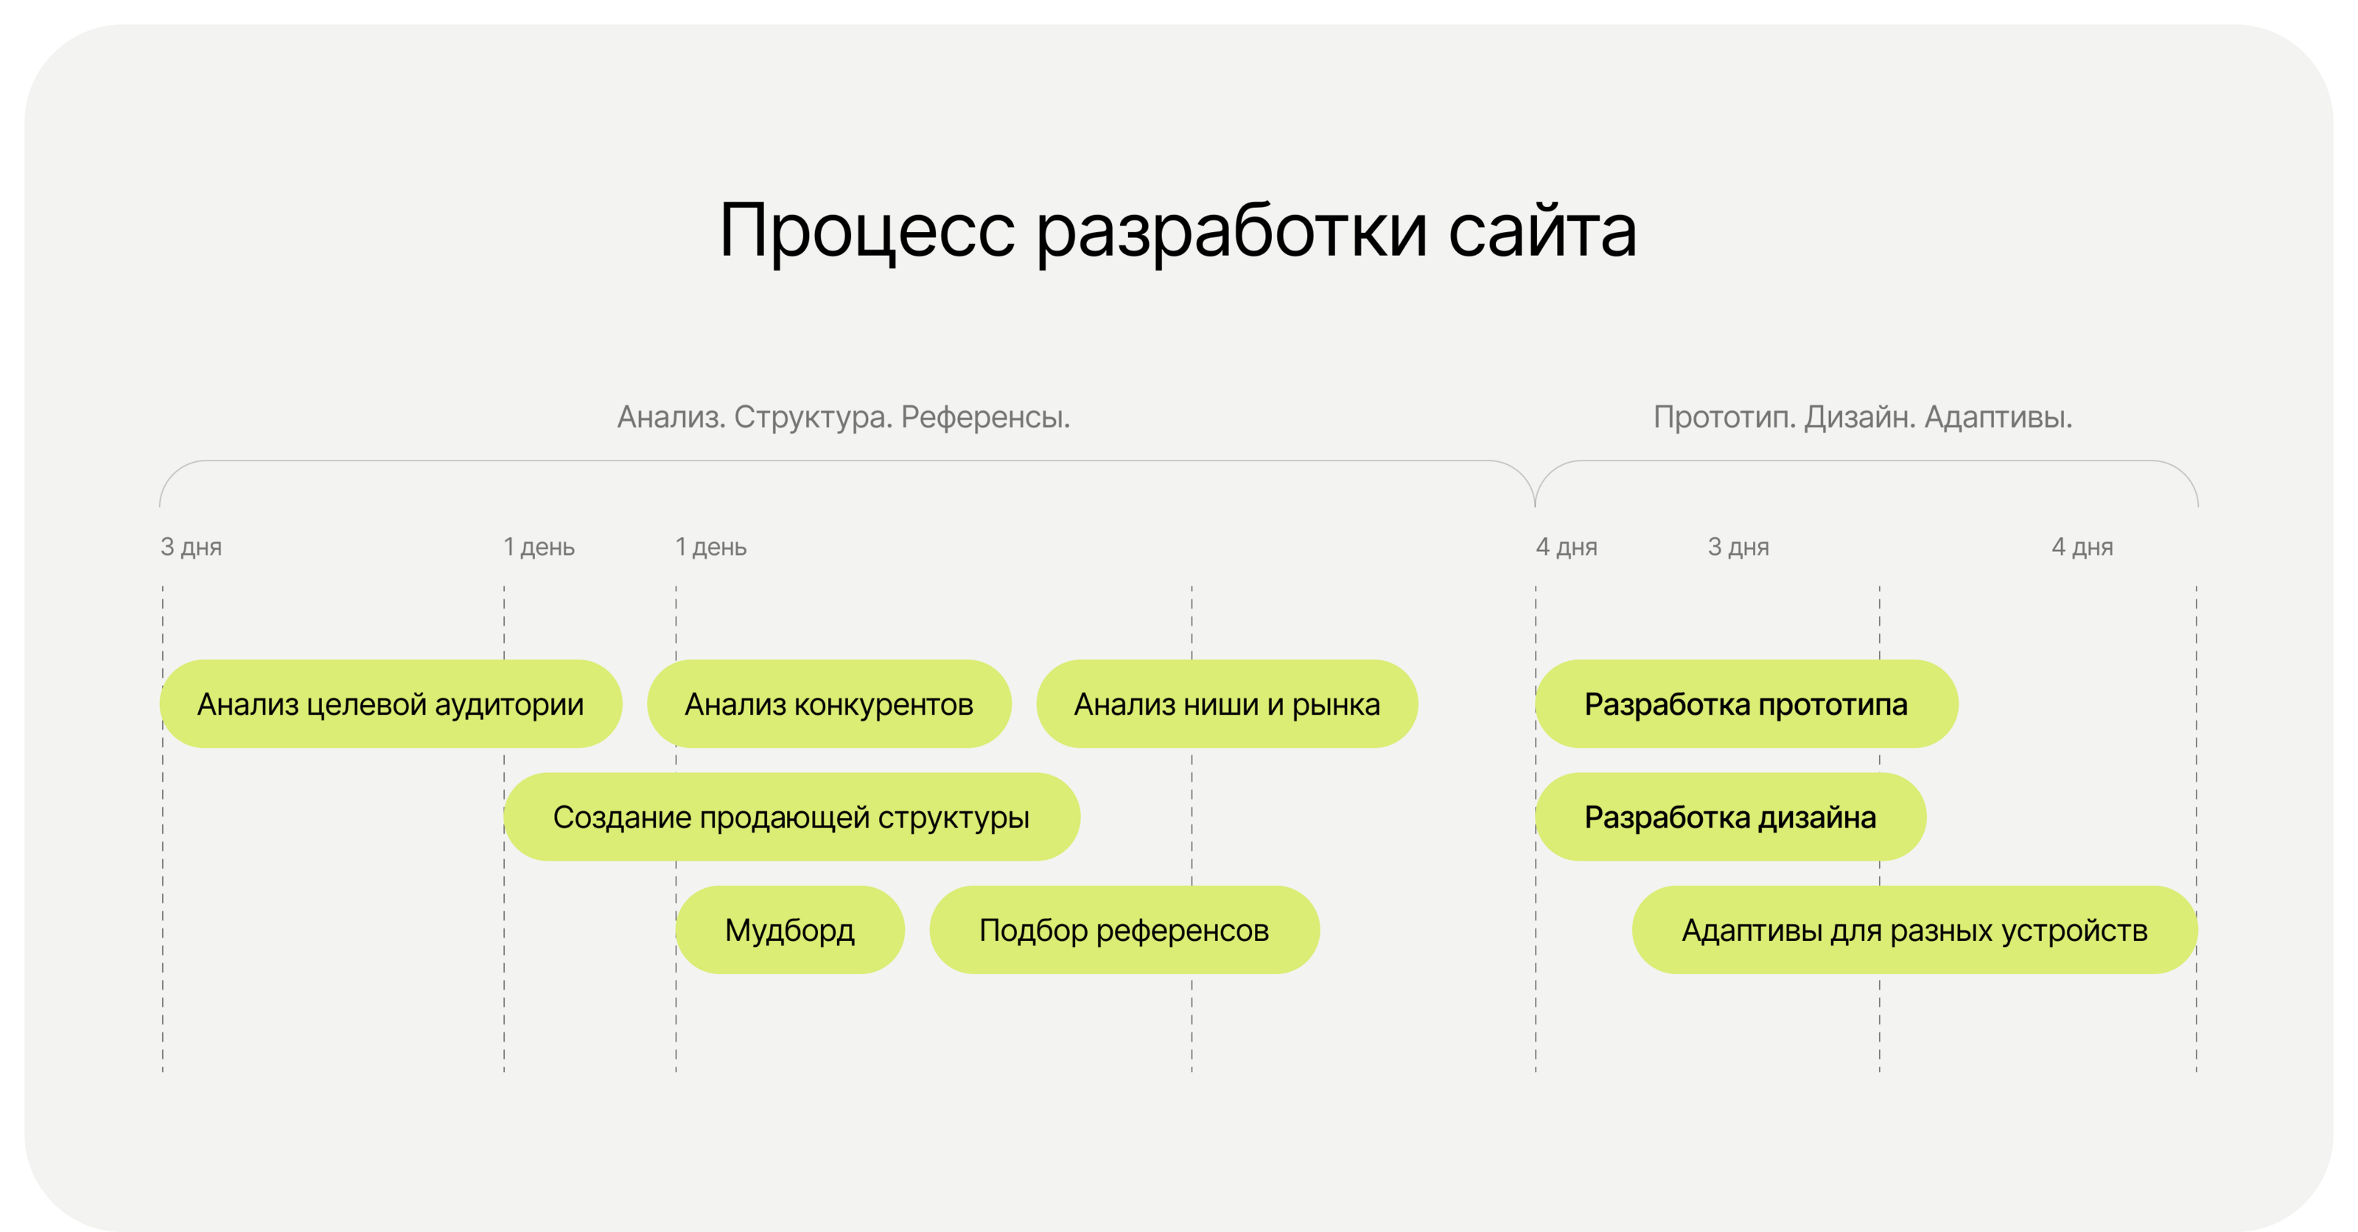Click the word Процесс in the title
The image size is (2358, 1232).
pos(866,231)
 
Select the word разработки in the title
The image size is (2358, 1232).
pos(1231,231)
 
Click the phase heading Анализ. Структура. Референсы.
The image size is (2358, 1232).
pos(843,417)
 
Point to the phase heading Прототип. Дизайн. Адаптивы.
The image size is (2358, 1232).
pos(1862,417)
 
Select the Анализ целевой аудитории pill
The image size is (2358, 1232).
pos(391,704)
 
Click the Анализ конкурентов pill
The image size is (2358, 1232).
pos(828,704)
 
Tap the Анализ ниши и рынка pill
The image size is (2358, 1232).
pos(1227,704)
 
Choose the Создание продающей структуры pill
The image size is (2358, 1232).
pos(791,816)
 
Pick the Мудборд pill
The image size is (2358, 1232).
pos(789,930)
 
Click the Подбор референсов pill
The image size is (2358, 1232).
pos(1124,930)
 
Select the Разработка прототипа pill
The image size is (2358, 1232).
pos(1746,704)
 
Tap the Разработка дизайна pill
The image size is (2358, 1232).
pos(1730,816)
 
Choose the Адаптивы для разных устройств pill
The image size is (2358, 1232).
pos(1914,930)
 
